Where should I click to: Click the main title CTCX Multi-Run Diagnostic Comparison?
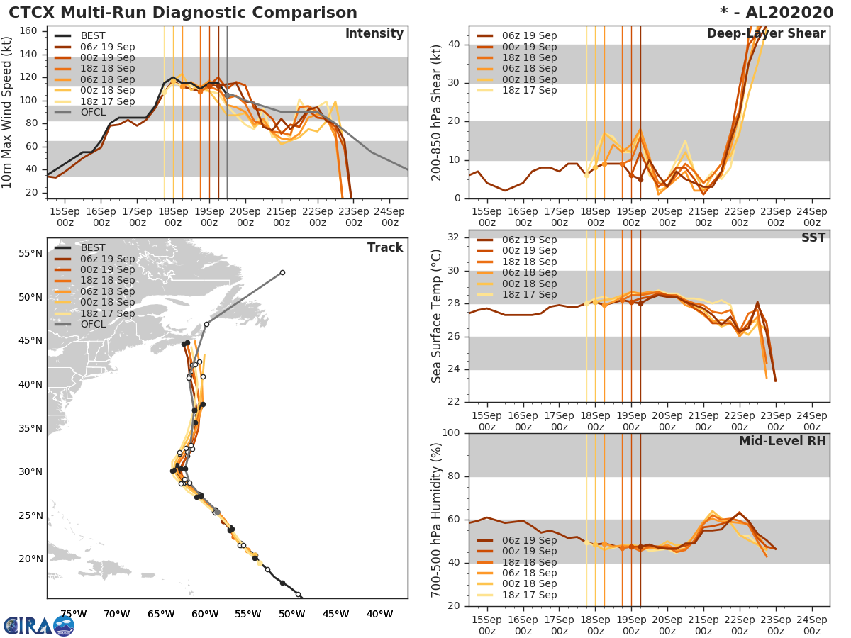coord(183,13)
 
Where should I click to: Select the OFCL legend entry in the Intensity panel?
coord(93,112)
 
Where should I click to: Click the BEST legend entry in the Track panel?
coord(93,248)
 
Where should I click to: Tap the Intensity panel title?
coord(374,34)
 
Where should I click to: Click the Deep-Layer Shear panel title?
coord(766,34)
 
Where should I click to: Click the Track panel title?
coord(385,247)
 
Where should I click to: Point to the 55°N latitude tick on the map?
coord(29,253)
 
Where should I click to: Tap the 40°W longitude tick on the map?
coord(379,614)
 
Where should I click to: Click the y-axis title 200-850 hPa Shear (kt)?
coord(437,112)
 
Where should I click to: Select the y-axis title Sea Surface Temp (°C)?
coord(437,315)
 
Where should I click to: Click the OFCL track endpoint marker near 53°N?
coord(282,272)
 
